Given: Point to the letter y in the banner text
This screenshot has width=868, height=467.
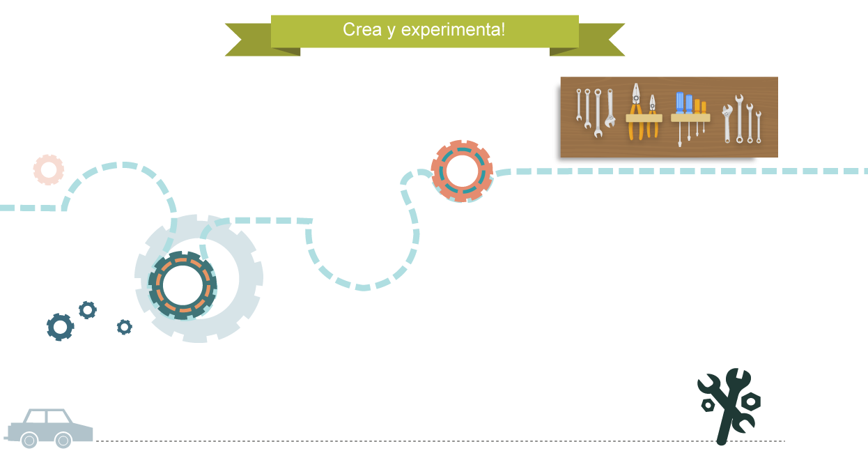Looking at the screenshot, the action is coord(391,32).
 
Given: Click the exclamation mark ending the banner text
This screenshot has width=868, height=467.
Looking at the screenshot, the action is coord(503,29).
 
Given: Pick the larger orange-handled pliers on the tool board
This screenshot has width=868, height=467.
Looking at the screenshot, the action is coord(636,112).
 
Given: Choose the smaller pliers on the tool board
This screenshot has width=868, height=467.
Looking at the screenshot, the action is coord(653,116).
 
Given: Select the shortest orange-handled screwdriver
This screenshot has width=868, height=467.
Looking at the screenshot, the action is coord(704,116).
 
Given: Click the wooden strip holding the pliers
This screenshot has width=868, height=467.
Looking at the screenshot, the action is coord(644,118).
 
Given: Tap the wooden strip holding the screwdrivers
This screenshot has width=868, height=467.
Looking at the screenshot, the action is coord(690,118).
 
